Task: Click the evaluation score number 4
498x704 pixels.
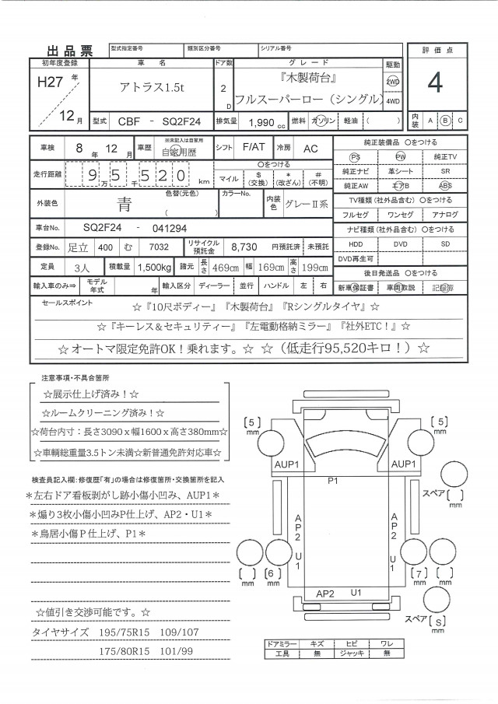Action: click(x=434, y=83)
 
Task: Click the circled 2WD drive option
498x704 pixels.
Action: click(x=392, y=82)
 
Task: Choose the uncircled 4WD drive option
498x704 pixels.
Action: click(x=393, y=101)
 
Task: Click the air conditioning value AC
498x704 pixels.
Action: click(x=310, y=148)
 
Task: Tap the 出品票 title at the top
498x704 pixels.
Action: click(x=71, y=52)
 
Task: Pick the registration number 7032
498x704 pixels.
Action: click(x=157, y=246)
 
